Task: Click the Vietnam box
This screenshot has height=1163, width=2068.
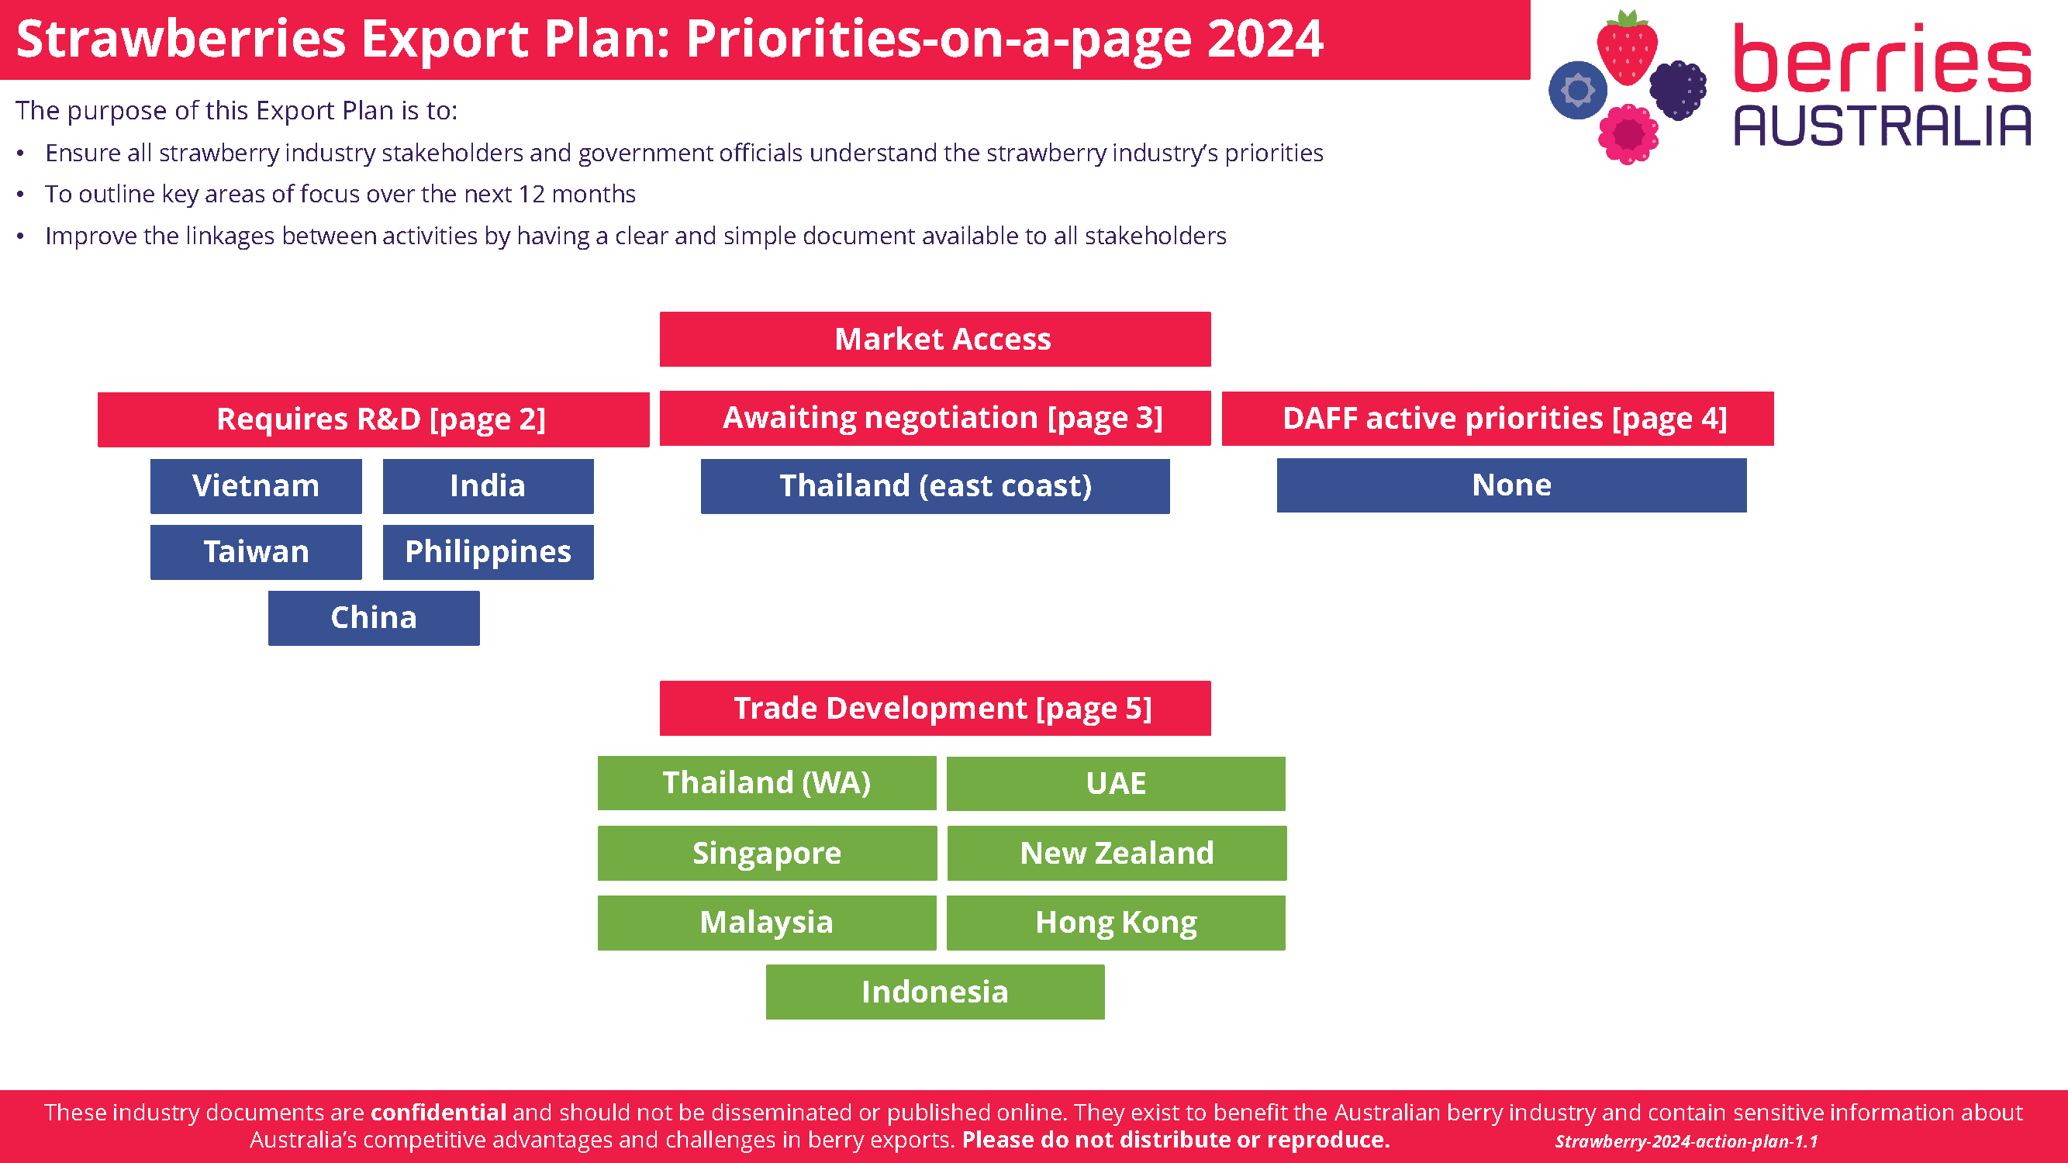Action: [x=255, y=485]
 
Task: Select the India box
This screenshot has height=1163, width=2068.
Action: [x=488, y=485]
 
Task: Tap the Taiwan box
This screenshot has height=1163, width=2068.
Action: [x=255, y=551]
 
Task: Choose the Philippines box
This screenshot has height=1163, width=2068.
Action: [x=488, y=551]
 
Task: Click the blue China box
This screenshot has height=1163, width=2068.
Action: [x=373, y=617]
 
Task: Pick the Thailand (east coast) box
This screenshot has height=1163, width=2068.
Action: [x=934, y=485]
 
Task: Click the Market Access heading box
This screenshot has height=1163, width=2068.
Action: [x=934, y=339]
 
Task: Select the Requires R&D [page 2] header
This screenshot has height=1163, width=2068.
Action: [x=373, y=419]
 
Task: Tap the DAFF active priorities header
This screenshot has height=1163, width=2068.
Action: [x=1497, y=418]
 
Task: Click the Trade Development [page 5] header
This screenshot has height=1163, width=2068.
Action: [x=934, y=708]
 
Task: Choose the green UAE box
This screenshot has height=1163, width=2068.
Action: [x=1115, y=782]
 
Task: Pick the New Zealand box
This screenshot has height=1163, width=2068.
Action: [x=1116, y=852]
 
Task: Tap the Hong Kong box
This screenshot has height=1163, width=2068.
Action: [x=1115, y=922]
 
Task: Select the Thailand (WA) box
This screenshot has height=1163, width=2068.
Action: [x=766, y=782]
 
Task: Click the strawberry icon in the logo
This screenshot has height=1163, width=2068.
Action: [x=1627, y=48]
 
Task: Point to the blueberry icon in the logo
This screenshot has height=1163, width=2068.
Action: [x=1576, y=90]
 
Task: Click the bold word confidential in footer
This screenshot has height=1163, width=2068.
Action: [x=437, y=1112]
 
